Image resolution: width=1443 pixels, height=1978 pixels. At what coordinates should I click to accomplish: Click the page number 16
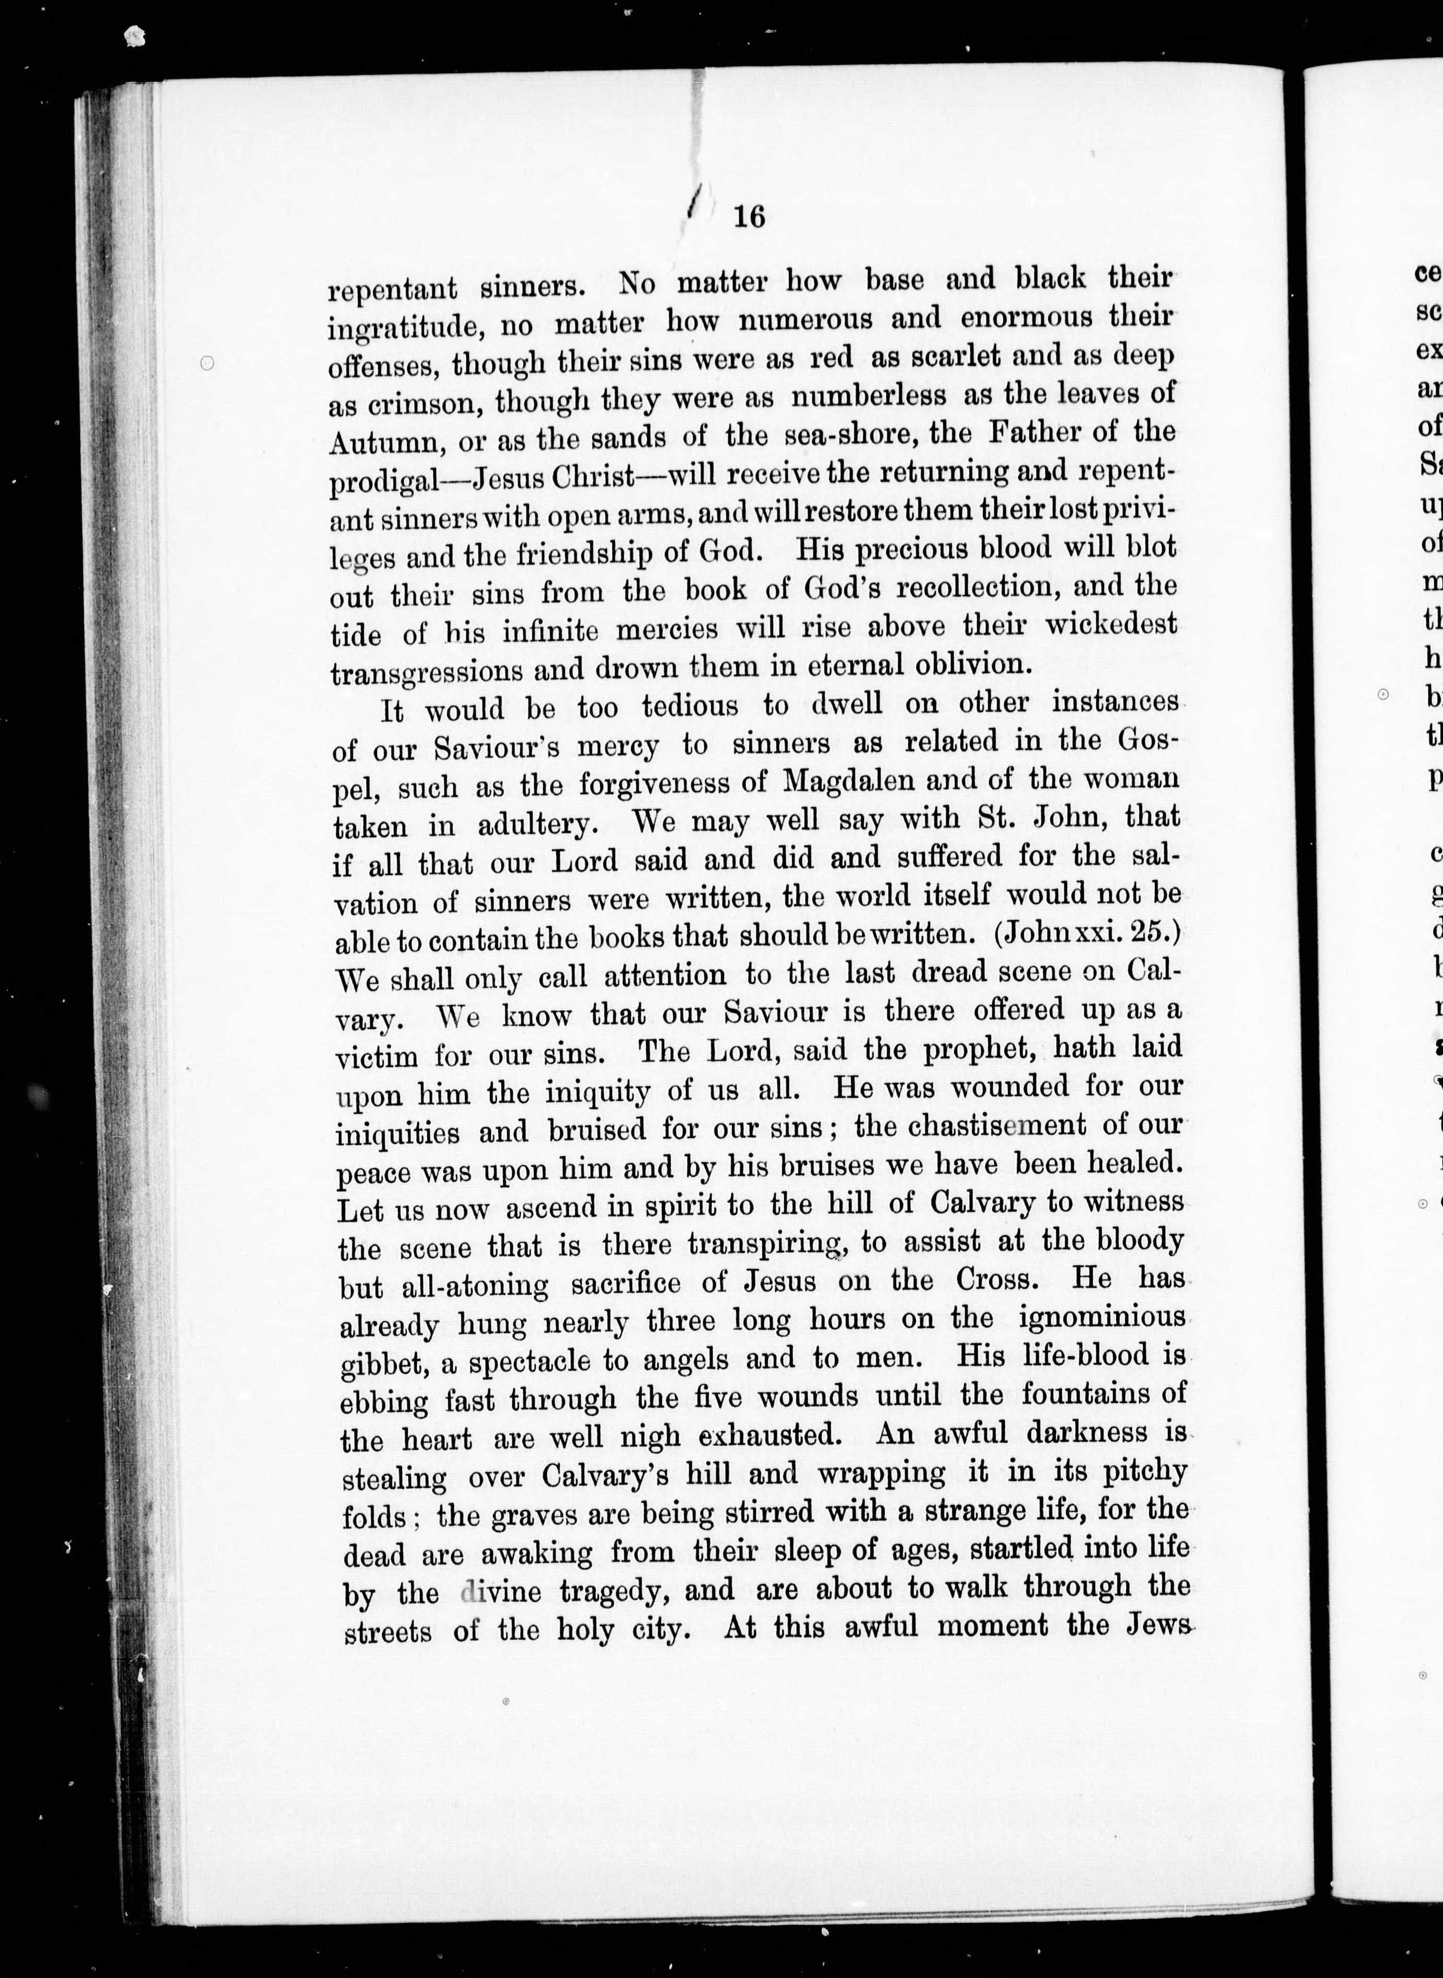[x=749, y=216]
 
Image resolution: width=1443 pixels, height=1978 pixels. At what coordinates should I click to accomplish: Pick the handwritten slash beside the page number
[x=693, y=205]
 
